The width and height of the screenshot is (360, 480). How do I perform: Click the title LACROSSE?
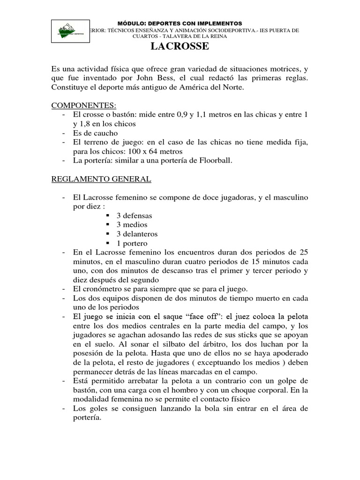tap(180, 47)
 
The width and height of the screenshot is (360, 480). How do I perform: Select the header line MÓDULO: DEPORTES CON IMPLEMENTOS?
tap(180, 22)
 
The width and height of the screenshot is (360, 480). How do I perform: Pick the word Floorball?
tap(212, 160)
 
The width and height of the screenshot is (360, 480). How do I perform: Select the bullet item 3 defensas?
tap(135, 216)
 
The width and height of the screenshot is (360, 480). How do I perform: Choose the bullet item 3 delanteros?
tap(137, 234)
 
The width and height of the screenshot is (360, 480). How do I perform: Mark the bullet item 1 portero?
tap(132, 243)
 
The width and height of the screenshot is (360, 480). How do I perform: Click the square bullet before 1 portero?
tap(108, 243)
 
